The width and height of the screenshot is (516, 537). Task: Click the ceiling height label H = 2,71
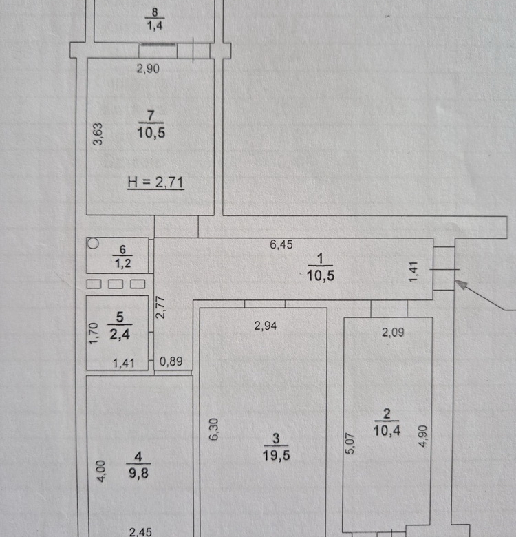pos(155,182)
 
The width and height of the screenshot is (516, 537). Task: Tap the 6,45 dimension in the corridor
pos(281,244)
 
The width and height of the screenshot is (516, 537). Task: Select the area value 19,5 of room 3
pos(276,455)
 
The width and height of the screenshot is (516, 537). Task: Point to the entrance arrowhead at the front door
pos(461,284)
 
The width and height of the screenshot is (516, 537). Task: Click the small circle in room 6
pos(93,244)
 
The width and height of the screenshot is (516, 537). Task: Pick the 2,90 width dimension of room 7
pos(148,68)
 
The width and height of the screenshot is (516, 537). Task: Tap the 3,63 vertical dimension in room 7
pos(98,134)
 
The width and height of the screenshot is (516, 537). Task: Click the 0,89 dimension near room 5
pos(171,361)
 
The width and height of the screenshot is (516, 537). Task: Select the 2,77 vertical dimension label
pos(160,308)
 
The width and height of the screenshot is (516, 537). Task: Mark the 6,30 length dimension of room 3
pos(213,429)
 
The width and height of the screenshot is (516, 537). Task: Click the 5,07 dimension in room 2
pos(350,443)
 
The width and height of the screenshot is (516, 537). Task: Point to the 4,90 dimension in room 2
pos(423,436)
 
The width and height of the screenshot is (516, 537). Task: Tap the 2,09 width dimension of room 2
pos(393,333)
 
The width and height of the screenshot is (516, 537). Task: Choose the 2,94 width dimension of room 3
pos(265,326)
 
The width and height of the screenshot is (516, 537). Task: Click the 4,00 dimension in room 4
pos(101,471)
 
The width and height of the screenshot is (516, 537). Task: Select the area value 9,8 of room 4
pos(138,473)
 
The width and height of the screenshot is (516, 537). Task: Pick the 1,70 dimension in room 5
pos(94,333)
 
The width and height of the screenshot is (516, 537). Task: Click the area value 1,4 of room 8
pos(155,25)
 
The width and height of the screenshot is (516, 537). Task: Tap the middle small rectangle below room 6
pos(116,284)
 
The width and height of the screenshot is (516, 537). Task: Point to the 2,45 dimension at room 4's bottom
pos(140,532)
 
